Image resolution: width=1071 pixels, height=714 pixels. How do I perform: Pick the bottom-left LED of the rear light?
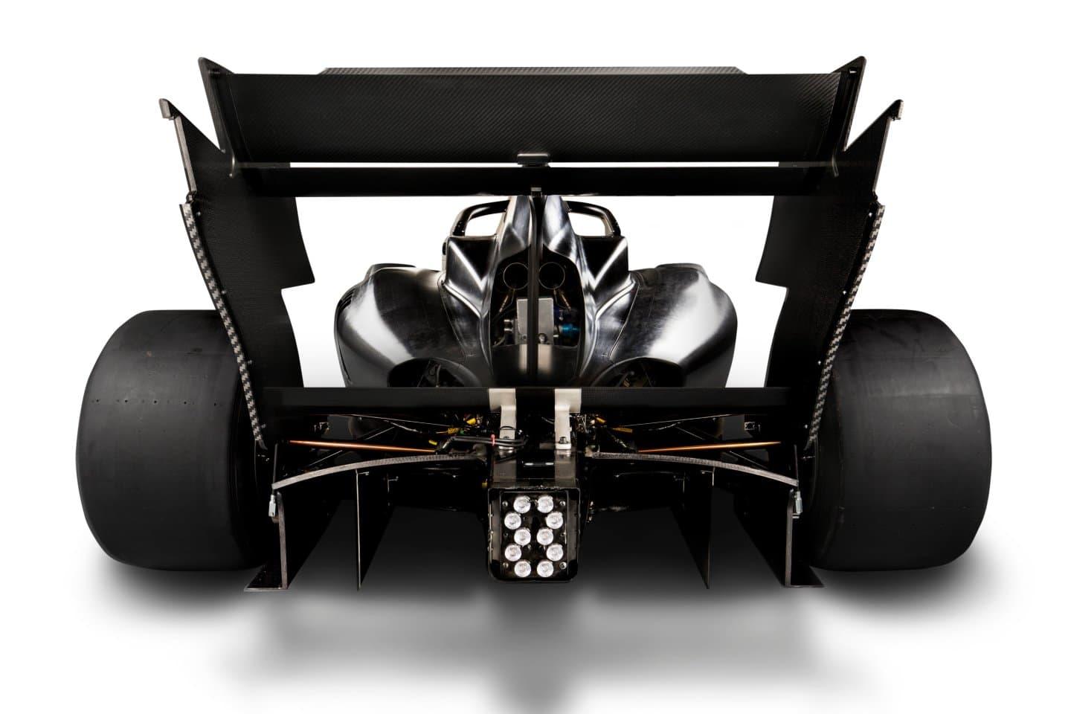point(512,569)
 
